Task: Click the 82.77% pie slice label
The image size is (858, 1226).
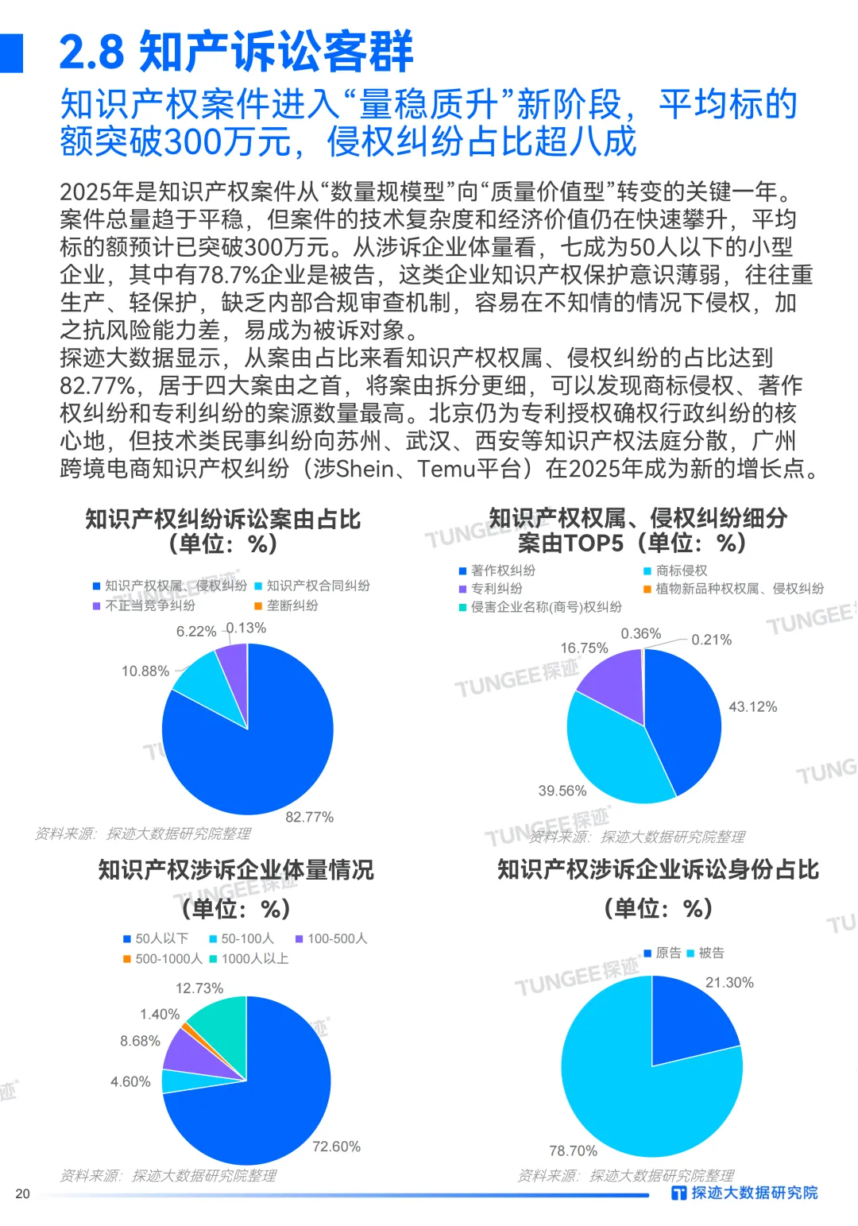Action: click(x=309, y=817)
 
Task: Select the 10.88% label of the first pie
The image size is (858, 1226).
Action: click(x=145, y=671)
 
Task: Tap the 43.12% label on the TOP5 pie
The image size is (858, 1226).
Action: click(x=752, y=706)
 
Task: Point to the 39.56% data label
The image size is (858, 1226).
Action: click(x=562, y=791)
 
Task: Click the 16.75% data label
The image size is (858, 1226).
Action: click(x=584, y=648)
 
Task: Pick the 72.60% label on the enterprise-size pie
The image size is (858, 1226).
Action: click(x=336, y=1147)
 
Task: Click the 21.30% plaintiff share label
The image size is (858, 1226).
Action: click(x=729, y=983)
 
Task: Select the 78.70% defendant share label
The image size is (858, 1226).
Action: click(x=573, y=1151)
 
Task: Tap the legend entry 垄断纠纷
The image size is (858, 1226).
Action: click(x=292, y=605)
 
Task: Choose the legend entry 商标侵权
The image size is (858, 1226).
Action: click(x=681, y=570)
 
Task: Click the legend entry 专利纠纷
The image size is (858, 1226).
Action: click(x=497, y=589)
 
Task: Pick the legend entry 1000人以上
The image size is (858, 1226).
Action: click(x=254, y=959)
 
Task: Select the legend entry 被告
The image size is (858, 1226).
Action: click(x=711, y=953)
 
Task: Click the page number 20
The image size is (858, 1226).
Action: click(x=22, y=1193)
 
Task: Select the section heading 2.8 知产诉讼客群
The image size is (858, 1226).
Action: click(x=236, y=52)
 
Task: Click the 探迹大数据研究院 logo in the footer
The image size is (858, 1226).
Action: click(x=744, y=1193)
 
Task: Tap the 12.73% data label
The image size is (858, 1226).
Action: click(x=199, y=988)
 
